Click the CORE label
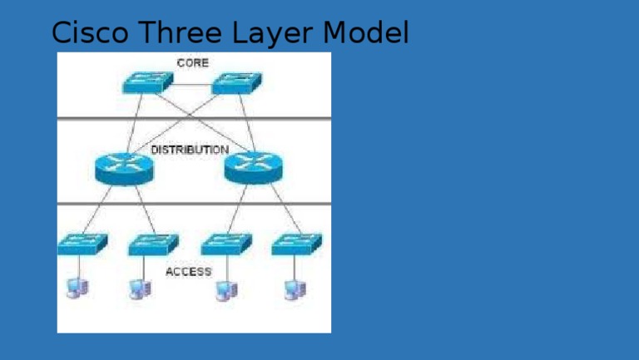pyautogui.click(x=192, y=63)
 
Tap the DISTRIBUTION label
pyautogui.click(x=190, y=150)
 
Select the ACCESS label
pyautogui.click(x=188, y=271)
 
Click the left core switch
pyautogui.click(x=147, y=82)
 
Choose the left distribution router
pyautogui.click(x=124, y=169)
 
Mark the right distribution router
pyautogui.click(x=254, y=169)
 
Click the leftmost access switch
pyautogui.click(x=82, y=244)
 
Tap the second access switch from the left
pyautogui.click(x=153, y=244)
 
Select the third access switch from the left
pyautogui.click(x=225, y=244)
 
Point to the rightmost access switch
pyautogui.click(x=296, y=244)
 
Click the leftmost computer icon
pyautogui.click(x=77, y=288)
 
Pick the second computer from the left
pyautogui.click(x=140, y=288)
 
